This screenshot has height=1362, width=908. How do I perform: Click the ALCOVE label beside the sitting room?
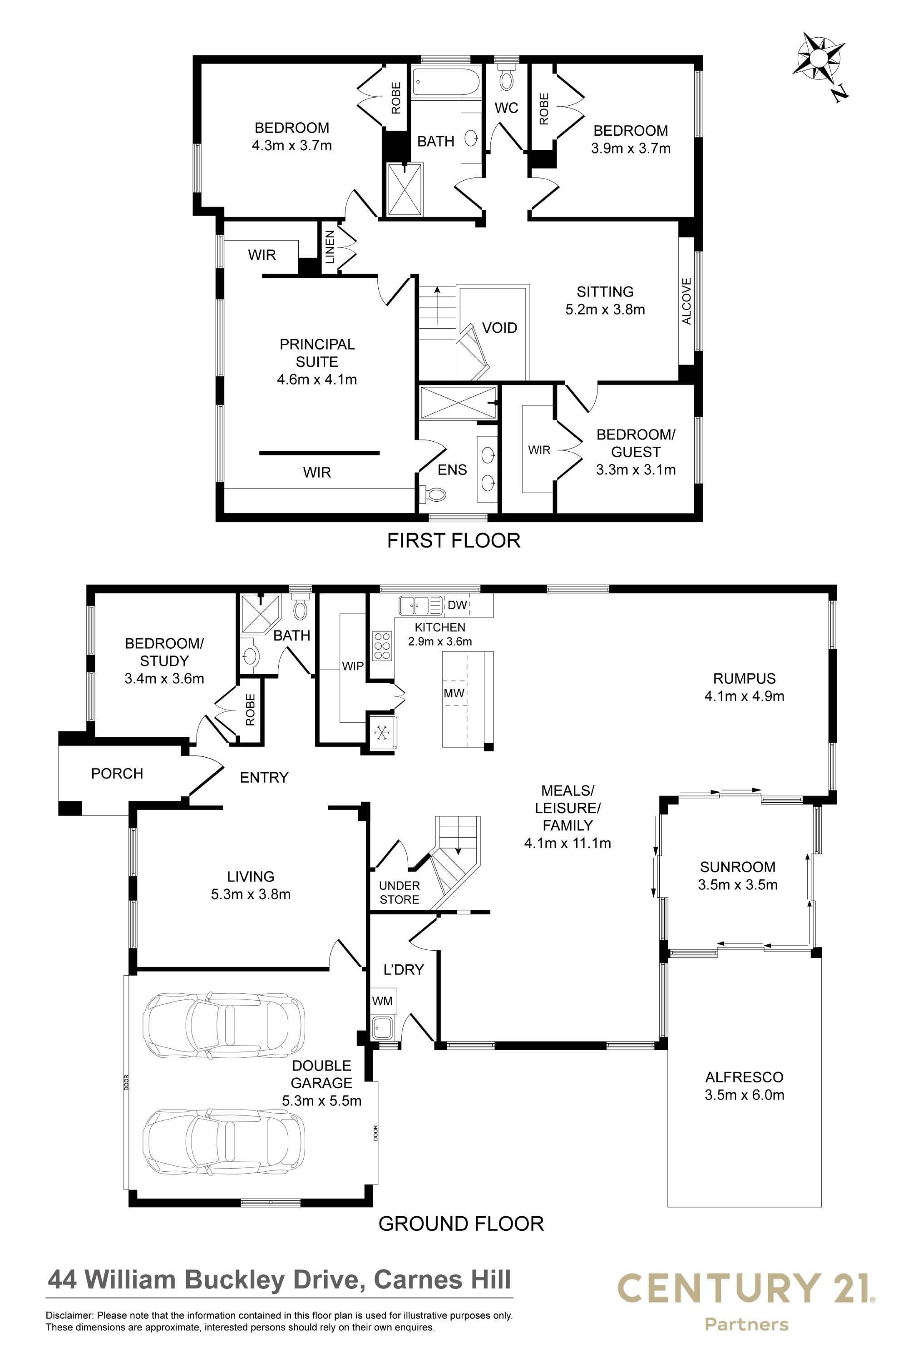tap(687, 301)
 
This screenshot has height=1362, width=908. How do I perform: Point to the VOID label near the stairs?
tap(499, 328)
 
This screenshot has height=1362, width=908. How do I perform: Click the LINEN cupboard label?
tap(330, 247)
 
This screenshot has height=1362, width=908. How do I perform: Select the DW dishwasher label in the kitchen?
tap(458, 605)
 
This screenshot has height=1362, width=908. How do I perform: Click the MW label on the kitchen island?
tap(454, 693)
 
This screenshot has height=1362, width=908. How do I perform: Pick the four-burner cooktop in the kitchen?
tap(382, 646)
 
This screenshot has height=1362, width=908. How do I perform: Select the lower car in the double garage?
tap(225, 1141)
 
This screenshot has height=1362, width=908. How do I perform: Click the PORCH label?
tap(117, 774)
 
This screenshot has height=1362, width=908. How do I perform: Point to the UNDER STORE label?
tap(400, 893)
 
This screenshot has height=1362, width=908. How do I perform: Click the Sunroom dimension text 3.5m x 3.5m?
tap(738, 884)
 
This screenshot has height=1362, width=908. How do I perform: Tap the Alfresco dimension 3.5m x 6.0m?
tap(744, 1095)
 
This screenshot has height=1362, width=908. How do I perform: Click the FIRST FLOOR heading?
tap(454, 540)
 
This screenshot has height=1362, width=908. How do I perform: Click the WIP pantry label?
tap(353, 666)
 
